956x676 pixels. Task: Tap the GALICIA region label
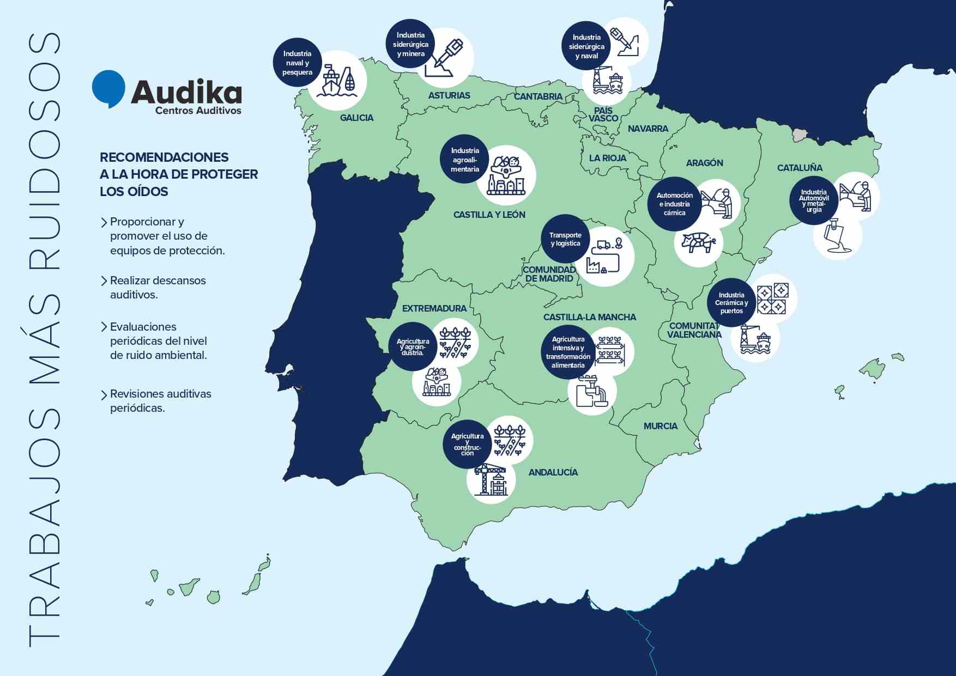point(356,118)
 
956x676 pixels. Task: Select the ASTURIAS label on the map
point(449,95)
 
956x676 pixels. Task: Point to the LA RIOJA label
point(607,158)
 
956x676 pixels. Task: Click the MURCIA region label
point(660,426)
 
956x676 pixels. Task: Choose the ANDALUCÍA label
point(553,472)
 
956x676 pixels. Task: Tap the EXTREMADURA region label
point(434,308)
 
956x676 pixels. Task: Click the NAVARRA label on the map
point(648,129)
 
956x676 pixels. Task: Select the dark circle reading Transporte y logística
point(565,239)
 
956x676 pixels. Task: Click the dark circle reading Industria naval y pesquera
point(297,63)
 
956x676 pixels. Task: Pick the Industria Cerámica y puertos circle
point(731,303)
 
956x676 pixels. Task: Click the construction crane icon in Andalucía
point(491,479)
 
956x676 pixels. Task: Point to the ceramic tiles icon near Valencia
point(772,299)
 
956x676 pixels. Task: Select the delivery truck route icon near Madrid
point(605,257)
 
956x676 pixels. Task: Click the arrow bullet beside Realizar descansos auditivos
point(104,281)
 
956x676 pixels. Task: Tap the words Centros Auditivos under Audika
point(198,111)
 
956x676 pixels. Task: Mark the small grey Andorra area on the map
point(800,134)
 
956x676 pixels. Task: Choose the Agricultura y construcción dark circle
point(467,444)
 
